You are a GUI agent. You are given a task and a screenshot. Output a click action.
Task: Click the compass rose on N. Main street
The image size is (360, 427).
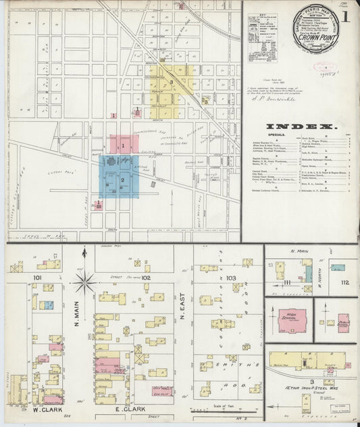[84, 281]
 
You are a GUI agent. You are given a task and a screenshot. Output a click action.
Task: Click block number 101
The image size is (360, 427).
[36, 277]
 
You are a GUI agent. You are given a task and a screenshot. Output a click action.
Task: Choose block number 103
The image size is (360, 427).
[232, 278]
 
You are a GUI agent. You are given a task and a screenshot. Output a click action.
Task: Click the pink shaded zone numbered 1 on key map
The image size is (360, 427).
[124, 144]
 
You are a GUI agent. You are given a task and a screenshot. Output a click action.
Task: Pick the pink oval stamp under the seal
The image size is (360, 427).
[325, 68]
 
